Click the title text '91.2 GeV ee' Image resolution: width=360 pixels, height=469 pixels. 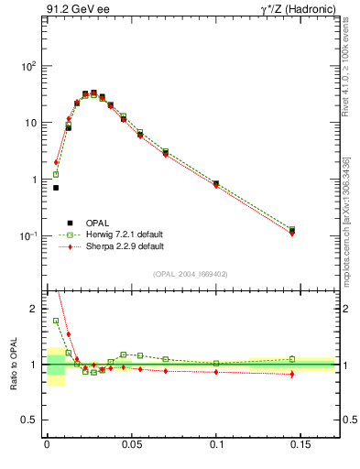(74, 10)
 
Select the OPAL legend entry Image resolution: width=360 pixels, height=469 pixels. (85, 223)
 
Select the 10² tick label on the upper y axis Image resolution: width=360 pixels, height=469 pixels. (27, 66)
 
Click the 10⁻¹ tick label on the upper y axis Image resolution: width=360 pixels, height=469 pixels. (27, 236)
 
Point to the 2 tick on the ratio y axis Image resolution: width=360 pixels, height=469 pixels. (34, 310)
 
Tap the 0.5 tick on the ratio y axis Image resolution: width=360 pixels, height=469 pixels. (30, 420)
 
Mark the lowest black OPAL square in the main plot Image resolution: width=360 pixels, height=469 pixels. (56, 188)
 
